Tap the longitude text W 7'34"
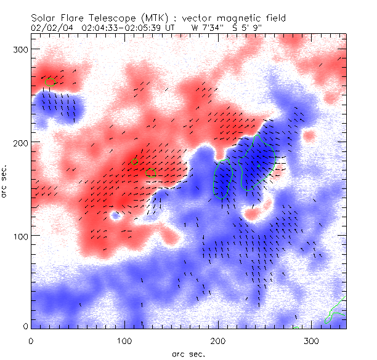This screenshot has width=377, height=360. point(207,28)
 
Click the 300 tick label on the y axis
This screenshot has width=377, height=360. point(18,49)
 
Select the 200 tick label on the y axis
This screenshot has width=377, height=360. point(18,142)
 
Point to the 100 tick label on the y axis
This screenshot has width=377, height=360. point(18,236)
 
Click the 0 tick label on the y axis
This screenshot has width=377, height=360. point(24,326)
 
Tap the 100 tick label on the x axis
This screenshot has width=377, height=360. point(124,340)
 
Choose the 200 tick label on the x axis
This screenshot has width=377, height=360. point(218,340)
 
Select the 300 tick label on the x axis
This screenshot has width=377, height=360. point(312,340)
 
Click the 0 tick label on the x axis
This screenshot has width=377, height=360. point(31,340)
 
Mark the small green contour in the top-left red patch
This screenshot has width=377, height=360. point(50,80)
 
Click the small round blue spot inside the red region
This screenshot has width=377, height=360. point(115,216)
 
